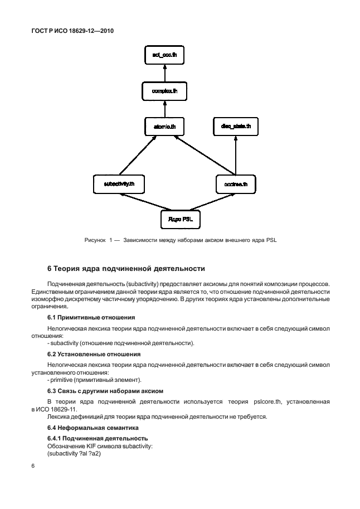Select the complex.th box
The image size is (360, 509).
point(164,90)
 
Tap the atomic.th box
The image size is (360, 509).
point(164,127)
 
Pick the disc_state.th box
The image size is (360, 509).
point(236,127)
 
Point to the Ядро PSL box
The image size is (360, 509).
point(179,218)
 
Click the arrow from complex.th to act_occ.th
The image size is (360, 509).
point(164,72)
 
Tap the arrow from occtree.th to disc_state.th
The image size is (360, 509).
point(236,154)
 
